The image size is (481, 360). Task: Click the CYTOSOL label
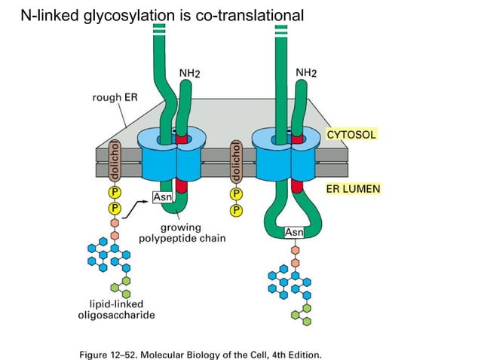coord(351,134)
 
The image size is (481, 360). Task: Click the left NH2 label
coord(190,72)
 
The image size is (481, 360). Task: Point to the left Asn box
coord(163,197)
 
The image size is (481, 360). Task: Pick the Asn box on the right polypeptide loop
coord(294,233)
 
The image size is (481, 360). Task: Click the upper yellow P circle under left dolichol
coord(115,192)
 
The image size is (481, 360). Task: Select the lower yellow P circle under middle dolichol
coord(236,209)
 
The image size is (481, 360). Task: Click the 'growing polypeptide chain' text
coord(182,233)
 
